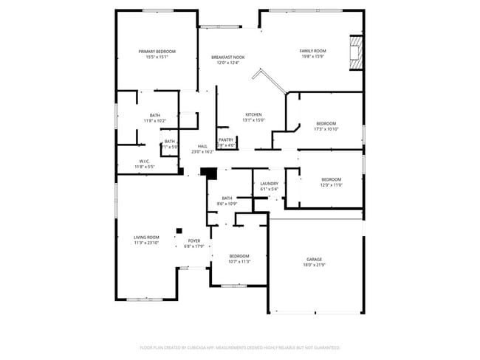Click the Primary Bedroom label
click(x=157, y=52)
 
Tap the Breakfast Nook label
click(x=228, y=58)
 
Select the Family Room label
click(x=313, y=51)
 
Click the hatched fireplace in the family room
click(x=356, y=54)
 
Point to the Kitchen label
click(x=254, y=115)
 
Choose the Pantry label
click(x=226, y=139)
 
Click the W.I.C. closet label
click(x=145, y=161)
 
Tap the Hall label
click(x=202, y=146)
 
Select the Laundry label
click(x=269, y=183)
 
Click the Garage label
click(x=315, y=260)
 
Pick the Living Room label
click(x=146, y=238)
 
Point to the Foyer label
click(x=194, y=240)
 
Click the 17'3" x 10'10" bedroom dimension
click(x=326, y=129)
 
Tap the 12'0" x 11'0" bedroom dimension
click(x=331, y=185)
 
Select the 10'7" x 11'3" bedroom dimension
click(x=239, y=261)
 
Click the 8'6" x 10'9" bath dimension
click(x=227, y=204)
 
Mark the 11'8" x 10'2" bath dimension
click(x=155, y=121)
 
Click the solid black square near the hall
click(x=209, y=173)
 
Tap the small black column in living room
click(x=179, y=229)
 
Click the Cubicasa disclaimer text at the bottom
click(x=240, y=347)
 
